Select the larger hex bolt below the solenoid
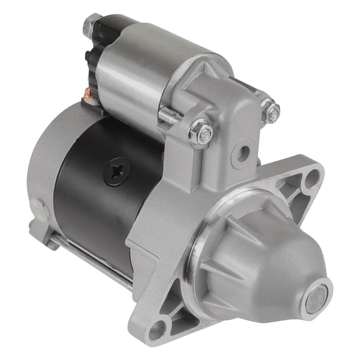201,132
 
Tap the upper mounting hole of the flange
311,181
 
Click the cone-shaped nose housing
269,262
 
